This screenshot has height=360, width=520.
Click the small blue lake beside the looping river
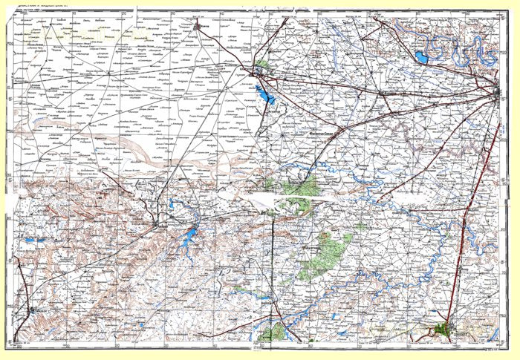click(x=421, y=56)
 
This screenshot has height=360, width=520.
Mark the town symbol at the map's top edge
click(x=198, y=27)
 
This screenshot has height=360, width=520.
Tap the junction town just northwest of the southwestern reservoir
click(x=160, y=223)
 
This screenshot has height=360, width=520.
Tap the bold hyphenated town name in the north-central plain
click(x=327, y=133)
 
